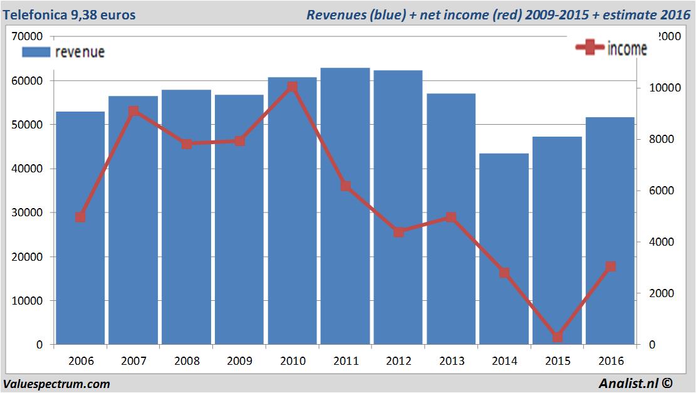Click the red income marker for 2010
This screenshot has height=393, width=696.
pyautogui.click(x=293, y=87)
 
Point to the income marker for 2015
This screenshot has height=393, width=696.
pyautogui.click(x=558, y=337)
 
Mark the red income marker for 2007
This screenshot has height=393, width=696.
pyautogui.click(x=133, y=112)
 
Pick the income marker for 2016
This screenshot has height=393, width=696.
pyautogui.click(x=611, y=266)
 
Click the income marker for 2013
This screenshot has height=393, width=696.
pyautogui.click(x=451, y=217)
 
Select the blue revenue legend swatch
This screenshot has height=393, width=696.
pyautogui.click(x=36, y=52)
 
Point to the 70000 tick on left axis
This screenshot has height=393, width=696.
pyautogui.click(x=28, y=37)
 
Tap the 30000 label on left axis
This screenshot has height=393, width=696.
pyautogui.click(x=28, y=212)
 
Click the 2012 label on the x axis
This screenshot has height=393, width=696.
pyautogui.click(x=398, y=361)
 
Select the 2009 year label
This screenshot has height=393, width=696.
pyautogui.click(x=239, y=361)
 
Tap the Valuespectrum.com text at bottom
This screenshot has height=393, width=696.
pyautogui.click(x=56, y=384)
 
